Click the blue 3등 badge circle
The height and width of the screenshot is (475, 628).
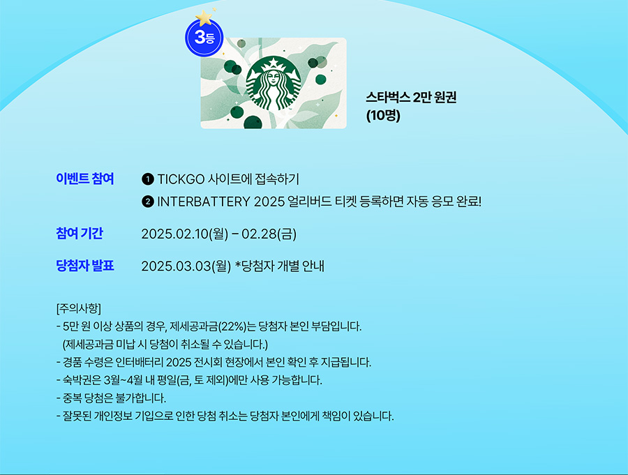click(204, 38)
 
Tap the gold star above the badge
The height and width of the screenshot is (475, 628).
click(204, 17)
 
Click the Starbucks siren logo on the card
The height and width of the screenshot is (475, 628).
click(274, 83)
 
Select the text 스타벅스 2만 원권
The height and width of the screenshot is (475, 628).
click(411, 98)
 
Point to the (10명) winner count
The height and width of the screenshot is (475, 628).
click(383, 115)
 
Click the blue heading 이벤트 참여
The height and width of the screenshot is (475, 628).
click(85, 179)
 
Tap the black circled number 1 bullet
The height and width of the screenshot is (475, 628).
click(148, 179)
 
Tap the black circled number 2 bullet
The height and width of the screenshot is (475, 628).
click(148, 201)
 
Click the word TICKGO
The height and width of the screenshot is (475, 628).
click(181, 179)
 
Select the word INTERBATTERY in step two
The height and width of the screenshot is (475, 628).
click(204, 201)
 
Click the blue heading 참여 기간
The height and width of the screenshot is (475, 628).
click(80, 233)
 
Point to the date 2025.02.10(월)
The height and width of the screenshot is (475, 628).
click(185, 234)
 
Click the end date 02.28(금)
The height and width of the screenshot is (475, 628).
click(269, 234)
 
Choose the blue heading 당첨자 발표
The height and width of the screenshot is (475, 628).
click(85, 266)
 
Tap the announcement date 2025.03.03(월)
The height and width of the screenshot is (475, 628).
click(186, 266)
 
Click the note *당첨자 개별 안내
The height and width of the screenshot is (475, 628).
click(280, 266)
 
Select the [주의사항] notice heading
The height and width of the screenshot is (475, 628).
click(79, 308)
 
